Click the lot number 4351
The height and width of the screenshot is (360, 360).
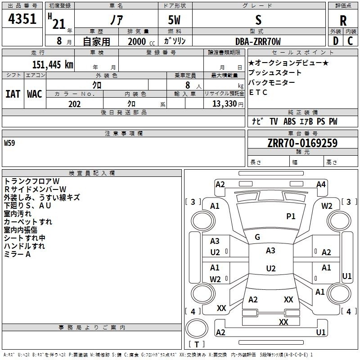[22, 18]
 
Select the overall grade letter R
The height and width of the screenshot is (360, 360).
[343, 21]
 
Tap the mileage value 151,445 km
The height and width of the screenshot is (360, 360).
[53, 64]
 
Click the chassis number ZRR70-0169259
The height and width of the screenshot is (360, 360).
[302, 143]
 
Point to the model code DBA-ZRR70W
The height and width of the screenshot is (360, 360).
[258, 41]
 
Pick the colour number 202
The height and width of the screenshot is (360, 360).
[74, 104]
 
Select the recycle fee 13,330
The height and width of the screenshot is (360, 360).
[224, 104]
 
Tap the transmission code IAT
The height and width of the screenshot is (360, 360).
[13, 94]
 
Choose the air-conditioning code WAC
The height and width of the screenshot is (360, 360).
[35, 94]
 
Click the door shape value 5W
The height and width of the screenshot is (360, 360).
[174, 20]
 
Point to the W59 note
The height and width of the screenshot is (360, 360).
[9, 143]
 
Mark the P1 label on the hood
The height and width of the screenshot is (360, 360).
[291, 216]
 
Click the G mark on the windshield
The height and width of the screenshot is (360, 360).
[257, 237]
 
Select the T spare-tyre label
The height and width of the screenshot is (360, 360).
[197, 344]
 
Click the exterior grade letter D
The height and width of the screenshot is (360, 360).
[336, 41]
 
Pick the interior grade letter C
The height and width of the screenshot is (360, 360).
[350, 41]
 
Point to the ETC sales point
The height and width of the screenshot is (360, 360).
[258, 92]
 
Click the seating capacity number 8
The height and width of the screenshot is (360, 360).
[188, 85]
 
